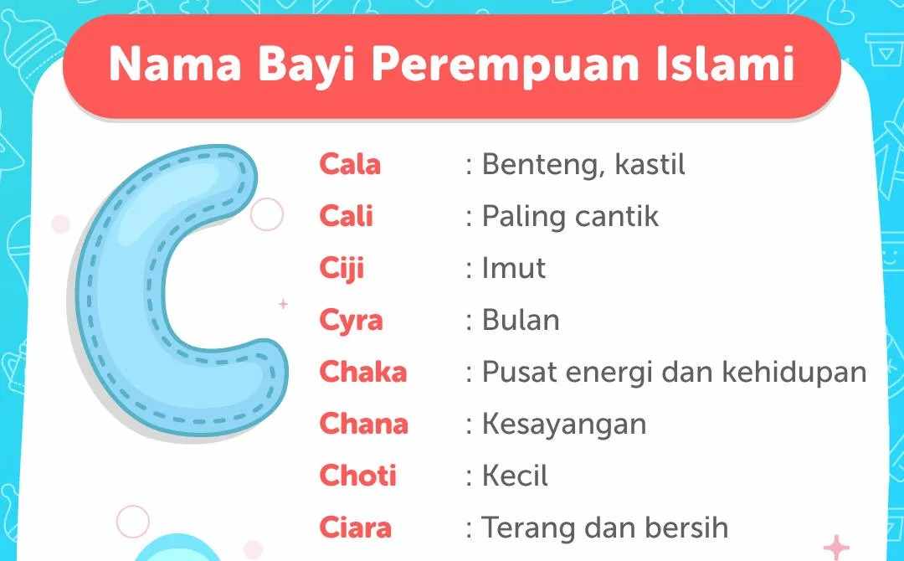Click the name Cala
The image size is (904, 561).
349,164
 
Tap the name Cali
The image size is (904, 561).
346,216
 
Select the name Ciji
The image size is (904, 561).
342,269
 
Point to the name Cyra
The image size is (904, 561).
351,321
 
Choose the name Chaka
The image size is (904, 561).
362,372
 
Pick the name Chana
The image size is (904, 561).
363,424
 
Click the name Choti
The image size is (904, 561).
357,476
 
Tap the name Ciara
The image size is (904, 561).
355,528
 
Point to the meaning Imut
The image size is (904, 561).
513,269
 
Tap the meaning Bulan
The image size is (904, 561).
521,321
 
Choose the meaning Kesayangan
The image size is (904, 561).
563,424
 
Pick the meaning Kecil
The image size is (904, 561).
515,476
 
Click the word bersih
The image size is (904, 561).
685,528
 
